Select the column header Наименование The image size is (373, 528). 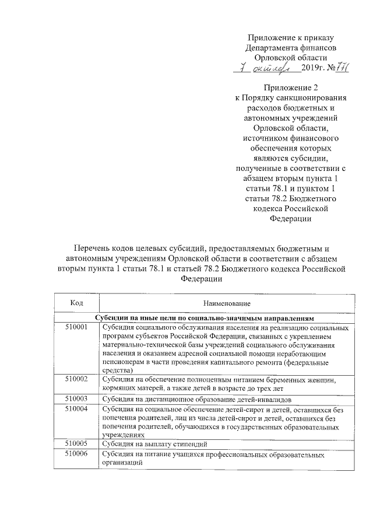click(x=227, y=303)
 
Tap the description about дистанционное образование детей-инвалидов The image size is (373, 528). click(x=196, y=398)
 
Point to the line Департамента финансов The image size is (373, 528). click(x=290, y=47)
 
